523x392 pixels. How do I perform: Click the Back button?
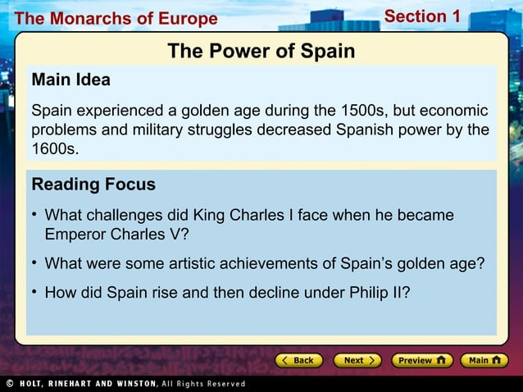click(x=298, y=360)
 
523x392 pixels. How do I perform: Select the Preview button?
click(x=421, y=360)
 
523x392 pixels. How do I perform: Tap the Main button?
click(x=484, y=360)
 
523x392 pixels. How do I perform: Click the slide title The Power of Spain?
click(x=261, y=52)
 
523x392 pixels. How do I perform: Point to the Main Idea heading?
click(x=70, y=80)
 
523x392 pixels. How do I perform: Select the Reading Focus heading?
click(x=93, y=185)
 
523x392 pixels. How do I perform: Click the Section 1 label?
click(x=422, y=16)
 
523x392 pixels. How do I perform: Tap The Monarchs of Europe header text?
click(x=116, y=18)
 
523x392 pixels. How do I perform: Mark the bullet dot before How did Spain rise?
click(x=35, y=292)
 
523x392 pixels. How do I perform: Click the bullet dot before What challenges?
click(x=35, y=215)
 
